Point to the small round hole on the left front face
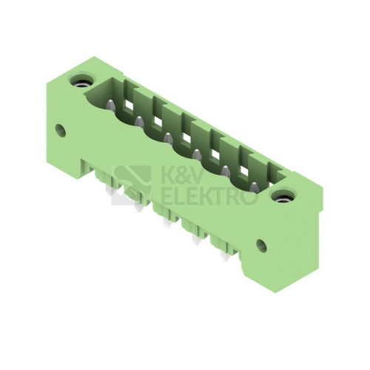pyautogui.click(x=60, y=130)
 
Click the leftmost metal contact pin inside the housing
pyautogui.click(x=110, y=105)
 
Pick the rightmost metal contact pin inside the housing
pyautogui.click(x=254, y=186)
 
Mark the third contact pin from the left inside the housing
pyautogui.click(x=168, y=138)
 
